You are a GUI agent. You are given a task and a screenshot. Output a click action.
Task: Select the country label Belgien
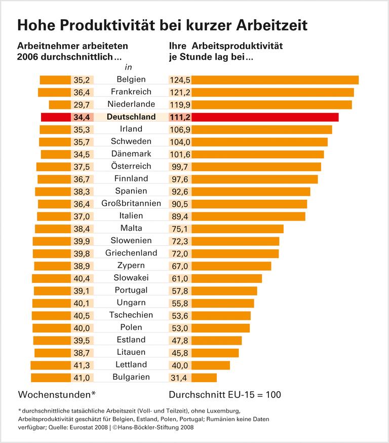tap(131, 80)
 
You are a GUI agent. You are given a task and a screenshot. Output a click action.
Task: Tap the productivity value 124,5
tap(180, 80)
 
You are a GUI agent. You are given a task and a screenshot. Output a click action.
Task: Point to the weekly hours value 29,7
tap(82, 104)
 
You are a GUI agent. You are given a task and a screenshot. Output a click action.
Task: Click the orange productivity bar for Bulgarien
tap(204, 378)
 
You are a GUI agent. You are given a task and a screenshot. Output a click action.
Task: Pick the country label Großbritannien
tap(131, 204)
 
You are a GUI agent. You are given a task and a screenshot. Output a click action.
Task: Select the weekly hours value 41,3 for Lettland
tap(82, 365)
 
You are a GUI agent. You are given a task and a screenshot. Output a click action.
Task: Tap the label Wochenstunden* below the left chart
tap(57, 394)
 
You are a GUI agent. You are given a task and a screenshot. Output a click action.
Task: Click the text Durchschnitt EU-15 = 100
tap(224, 394)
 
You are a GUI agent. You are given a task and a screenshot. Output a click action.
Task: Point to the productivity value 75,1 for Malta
tap(180, 229)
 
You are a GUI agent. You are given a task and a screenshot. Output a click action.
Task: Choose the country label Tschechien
tap(131, 315)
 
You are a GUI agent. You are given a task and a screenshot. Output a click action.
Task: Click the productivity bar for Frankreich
tap(273, 92)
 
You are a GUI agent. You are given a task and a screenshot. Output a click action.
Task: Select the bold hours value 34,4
tap(82, 117)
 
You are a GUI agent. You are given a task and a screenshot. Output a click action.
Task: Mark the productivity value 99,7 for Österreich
tap(180, 167)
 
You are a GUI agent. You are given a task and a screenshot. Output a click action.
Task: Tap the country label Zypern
tap(131, 266)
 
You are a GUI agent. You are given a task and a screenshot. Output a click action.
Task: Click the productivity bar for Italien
tap(248, 216)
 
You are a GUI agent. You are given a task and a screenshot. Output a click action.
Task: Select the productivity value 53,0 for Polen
tap(180, 328)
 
